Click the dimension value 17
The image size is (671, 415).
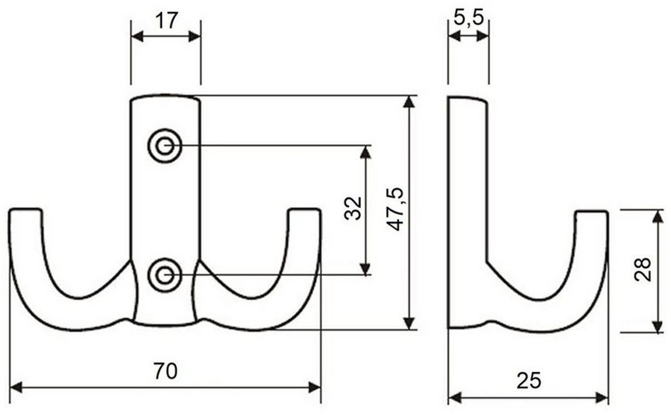coord(166,21)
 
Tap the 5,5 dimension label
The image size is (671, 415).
coord(469,17)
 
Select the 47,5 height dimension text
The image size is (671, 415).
coord(395,210)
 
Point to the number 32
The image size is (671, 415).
coord(353,209)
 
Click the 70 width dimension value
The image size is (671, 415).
coord(166,371)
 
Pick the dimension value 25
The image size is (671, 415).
coord(529,381)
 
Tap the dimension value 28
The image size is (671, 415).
coord(643,270)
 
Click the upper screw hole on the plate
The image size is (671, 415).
coord(165,146)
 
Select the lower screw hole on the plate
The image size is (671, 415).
coord(165,275)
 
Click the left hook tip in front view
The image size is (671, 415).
coord(25,210)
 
